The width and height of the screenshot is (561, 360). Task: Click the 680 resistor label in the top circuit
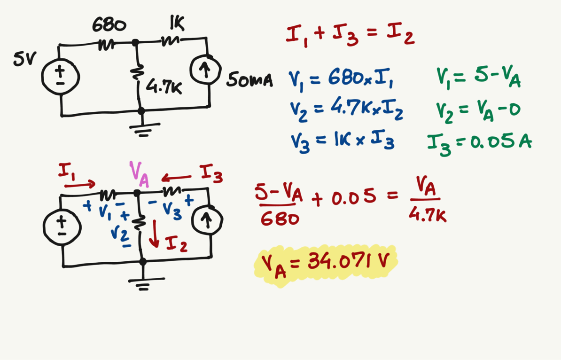[x=109, y=24]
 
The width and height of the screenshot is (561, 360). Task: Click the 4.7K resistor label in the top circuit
[x=164, y=87]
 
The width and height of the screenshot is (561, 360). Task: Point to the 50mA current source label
[x=249, y=81]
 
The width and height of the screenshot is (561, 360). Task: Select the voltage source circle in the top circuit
[x=61, y=76]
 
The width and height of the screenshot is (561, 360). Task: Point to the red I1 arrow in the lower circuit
[x=79, y=185]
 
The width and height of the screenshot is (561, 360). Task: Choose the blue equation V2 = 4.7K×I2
[x=346, y=111]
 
